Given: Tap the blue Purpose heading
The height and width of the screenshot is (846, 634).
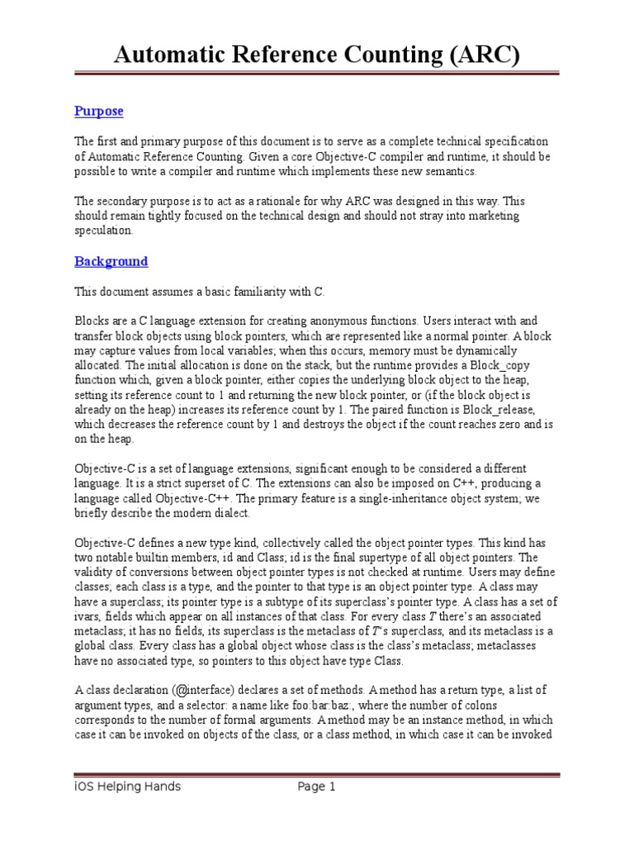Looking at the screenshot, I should click(98, 111).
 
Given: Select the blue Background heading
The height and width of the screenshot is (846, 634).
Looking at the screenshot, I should click(111, 261).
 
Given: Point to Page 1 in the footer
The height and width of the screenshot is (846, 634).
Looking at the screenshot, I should click(317, 787).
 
